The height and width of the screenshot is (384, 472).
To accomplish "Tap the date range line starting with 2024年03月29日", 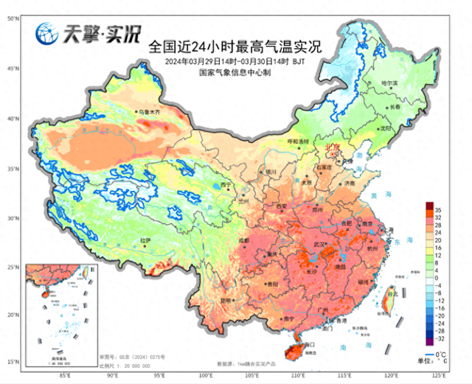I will click(x=235, y=61).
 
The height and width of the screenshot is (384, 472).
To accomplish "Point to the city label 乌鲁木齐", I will click(x=148, y=111).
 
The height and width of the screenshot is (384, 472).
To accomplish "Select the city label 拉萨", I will click(x=145, y=240).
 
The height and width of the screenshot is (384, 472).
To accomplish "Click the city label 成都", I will click(x=244, y=240).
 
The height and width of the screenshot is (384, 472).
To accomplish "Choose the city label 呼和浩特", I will click(x=295, y=141).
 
